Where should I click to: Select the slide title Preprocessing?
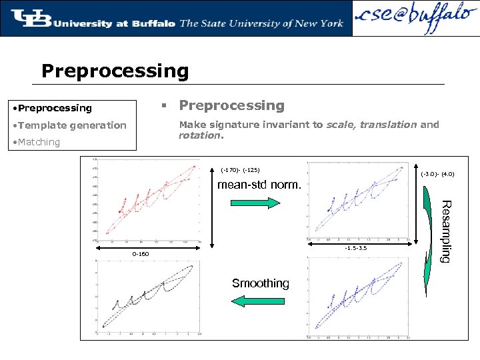pyautogui.click(x=115, y=71)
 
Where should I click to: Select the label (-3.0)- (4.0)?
pyautogui.click(x=438, y=174)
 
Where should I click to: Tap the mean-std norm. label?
pyautogui.click(x=259, y=184)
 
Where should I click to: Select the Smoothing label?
pyautogui.click(x=260, y=283)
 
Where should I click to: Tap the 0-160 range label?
pyautogui.click(x=140, y=254)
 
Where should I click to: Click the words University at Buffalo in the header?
pyautogui.click(x=114, y=23)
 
